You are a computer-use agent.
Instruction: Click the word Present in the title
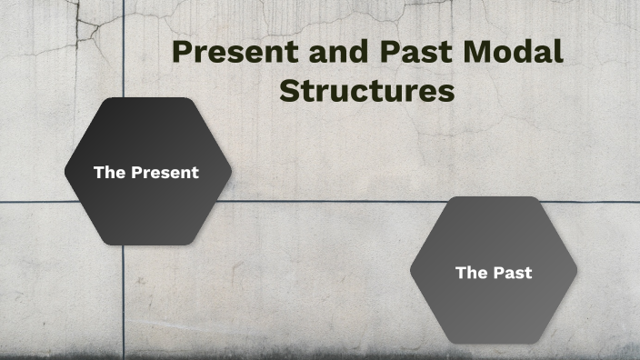[229, 52]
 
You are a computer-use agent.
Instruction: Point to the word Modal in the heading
[515, 52]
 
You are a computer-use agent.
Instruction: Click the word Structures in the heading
[366, 92]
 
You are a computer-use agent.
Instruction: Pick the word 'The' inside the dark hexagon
[109, 172]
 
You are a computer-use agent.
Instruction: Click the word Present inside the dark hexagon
[165, 172]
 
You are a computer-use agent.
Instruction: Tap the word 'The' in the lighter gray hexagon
[471, 272]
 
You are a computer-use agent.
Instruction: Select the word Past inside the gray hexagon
[513, 272]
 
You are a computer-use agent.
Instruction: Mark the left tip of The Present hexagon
[65, 171]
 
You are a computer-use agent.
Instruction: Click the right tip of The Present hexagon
[231, 171]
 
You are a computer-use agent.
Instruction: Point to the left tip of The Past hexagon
[411, 270]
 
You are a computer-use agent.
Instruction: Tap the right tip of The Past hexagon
[576, 270]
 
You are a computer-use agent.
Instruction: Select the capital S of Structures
[289, 92]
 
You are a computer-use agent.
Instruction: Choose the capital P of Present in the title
[183, 52]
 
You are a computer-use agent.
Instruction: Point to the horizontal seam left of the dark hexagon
[32, 202]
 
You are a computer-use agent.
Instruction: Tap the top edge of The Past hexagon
[494, 197]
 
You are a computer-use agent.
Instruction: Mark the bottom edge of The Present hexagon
[148, 245]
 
